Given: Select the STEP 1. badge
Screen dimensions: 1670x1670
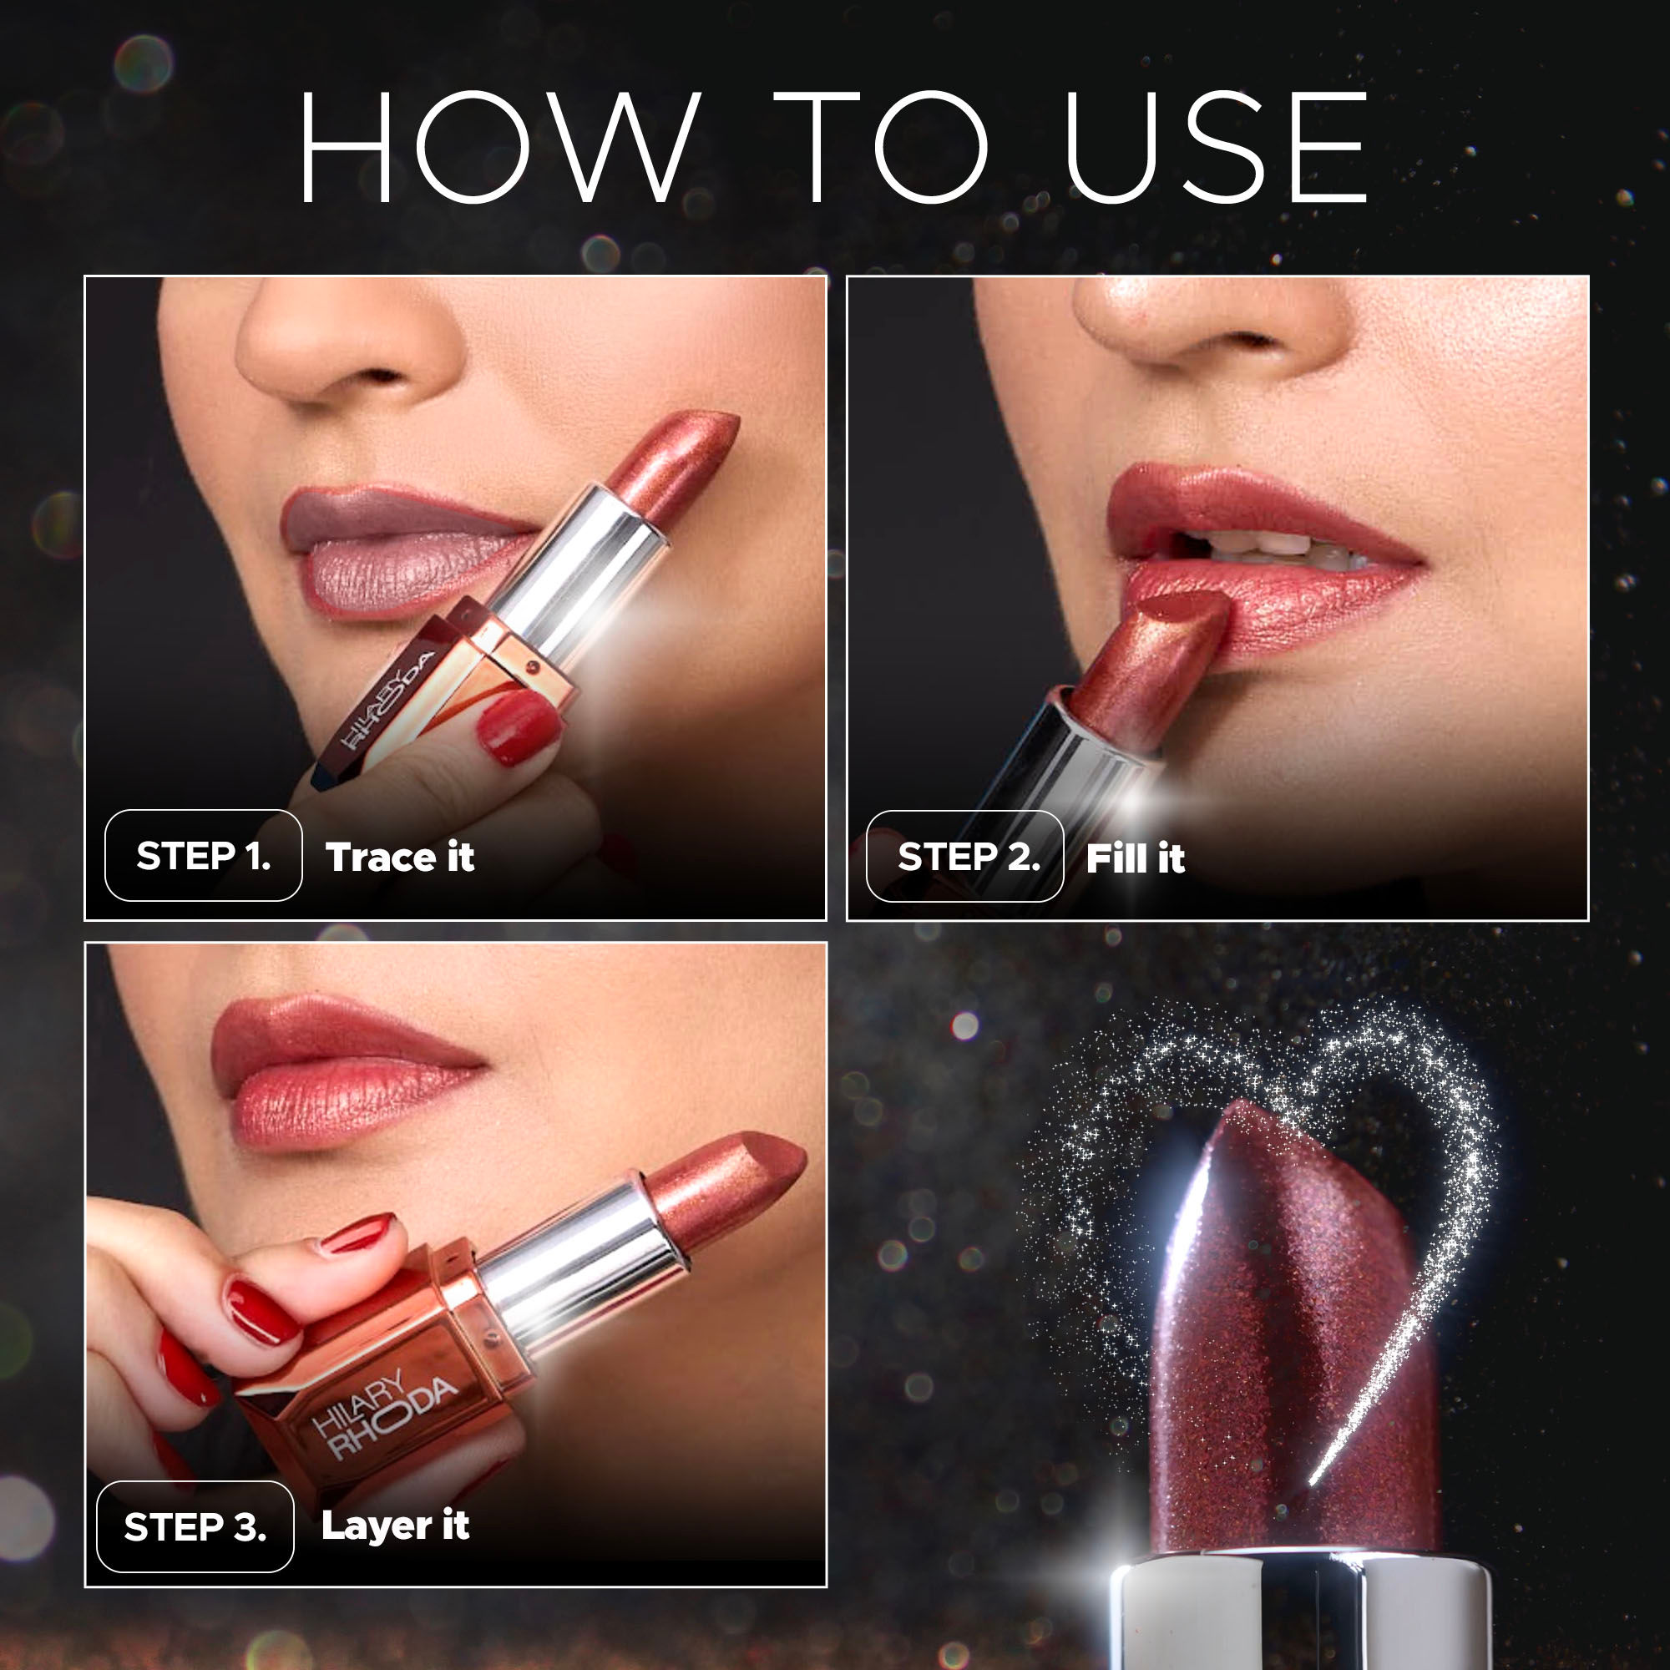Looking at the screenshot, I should [204, 856].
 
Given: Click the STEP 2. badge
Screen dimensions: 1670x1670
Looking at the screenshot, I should [965, 856].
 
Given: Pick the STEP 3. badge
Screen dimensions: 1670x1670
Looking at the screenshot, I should [195, 1527].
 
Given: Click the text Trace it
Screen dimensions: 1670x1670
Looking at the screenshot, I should [399, 858].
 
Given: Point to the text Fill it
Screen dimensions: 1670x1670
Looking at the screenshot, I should [1135, 858].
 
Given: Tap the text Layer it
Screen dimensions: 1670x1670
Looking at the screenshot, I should [395, 1526].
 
